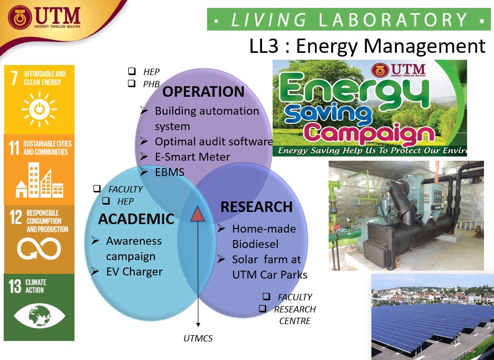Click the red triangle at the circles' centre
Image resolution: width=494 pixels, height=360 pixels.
[198, 214]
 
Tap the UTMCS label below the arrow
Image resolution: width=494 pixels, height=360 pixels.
[198, 338]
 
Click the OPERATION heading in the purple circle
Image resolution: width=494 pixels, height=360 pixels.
[203, 92]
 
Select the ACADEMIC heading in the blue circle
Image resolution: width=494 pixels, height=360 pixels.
[136, 219]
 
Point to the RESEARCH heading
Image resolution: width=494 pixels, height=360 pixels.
[256, 207]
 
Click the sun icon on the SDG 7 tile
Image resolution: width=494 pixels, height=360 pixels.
[39, 109]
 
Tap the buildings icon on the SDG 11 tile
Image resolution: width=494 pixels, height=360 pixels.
[40, 180]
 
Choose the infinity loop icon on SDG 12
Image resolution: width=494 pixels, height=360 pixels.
[39, 248]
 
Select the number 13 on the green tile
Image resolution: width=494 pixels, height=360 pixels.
[15, 286]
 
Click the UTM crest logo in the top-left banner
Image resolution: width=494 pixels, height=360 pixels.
[20, 17]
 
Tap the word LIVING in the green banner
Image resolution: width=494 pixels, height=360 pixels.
[268, 20]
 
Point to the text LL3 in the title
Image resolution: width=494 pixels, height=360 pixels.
[264, 46]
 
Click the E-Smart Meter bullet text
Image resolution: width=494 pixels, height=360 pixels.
[192, 157]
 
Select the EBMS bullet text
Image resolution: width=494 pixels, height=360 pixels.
[170, 172]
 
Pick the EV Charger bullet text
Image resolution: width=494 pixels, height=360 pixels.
[134, 272]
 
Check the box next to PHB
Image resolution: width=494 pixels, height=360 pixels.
[132, 83]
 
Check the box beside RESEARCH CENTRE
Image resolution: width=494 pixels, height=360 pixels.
[263, 308]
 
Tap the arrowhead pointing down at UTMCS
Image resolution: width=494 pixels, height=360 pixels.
[198, 325]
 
